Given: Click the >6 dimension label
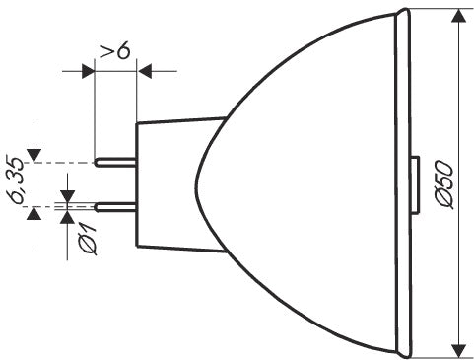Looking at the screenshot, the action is point(115,51).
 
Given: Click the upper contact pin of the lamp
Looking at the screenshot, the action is point(115,161).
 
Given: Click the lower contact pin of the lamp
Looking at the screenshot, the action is point(115,206).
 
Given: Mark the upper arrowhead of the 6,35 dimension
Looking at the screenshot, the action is point(34,154).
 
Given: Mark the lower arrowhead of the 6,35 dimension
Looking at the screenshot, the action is point(34,213).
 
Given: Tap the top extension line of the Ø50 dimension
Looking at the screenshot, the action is point(434,10).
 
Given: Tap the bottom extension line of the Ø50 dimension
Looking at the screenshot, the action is point(434,358).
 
